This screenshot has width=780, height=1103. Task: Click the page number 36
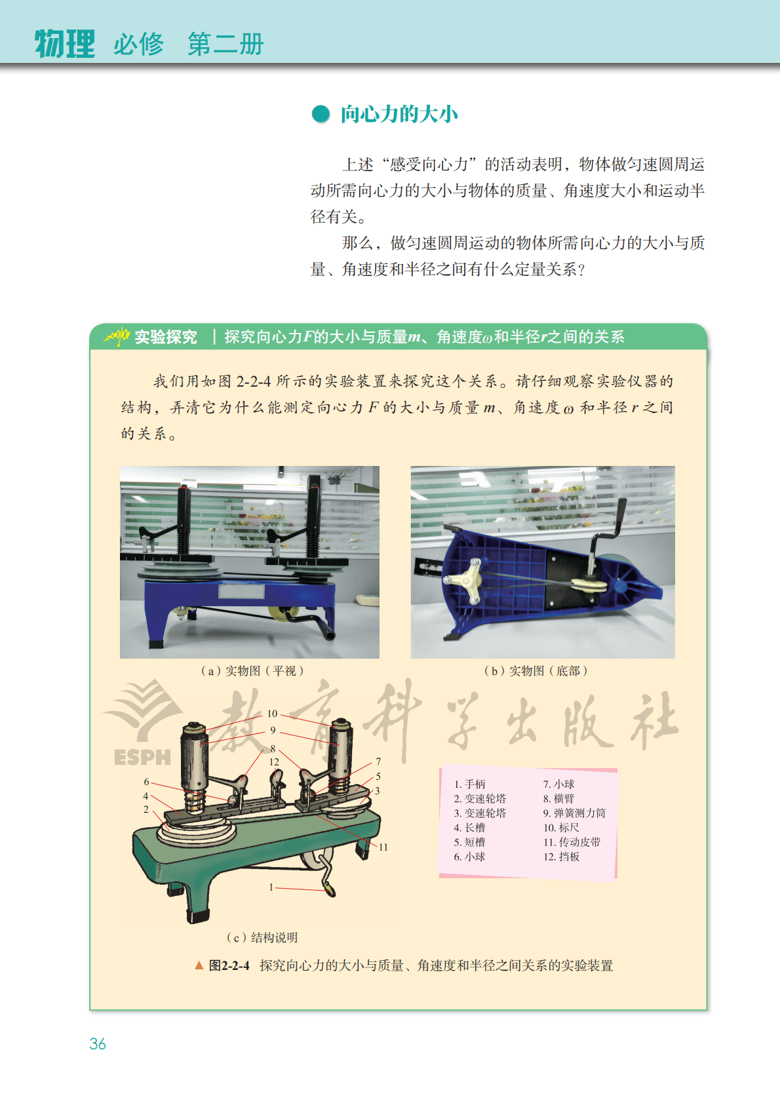pos(98,1043)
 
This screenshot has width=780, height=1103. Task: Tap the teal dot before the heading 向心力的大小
pos(321,114)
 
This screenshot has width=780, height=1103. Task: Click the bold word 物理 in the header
pos(65,44)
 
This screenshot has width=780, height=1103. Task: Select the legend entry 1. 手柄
pos(469,783)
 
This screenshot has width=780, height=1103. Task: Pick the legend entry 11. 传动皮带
pos(572,842)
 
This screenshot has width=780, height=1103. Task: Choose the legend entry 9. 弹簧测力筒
pos(574,813)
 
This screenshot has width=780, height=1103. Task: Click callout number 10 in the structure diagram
pos(272,714)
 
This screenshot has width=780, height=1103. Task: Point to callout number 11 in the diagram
pos(383,847)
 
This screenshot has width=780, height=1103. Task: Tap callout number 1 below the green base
pos(271,887)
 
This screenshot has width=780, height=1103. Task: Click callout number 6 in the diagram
pos(146,781)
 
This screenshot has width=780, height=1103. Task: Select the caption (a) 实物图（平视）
pos(252,670)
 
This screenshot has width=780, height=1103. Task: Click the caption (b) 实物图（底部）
pos(536,670)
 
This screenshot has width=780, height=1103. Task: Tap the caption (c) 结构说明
pos(262,938)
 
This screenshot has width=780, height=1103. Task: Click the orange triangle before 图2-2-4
pos(199,965)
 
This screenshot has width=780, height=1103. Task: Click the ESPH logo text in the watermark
pos(142,758)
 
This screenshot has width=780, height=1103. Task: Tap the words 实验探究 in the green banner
pos(165,337)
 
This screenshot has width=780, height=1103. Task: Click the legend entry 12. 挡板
pos(561,857)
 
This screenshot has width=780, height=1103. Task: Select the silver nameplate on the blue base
pos(241,591)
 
